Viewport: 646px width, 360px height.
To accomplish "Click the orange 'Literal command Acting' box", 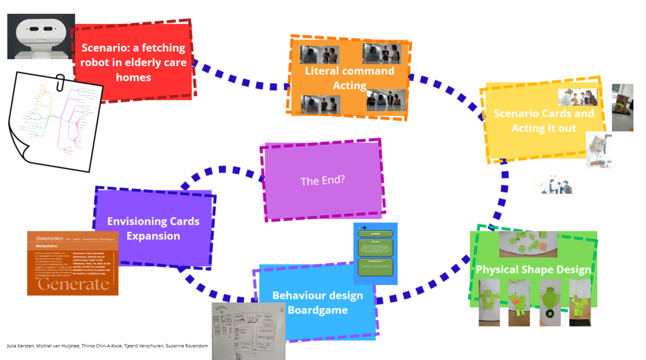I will pos(349,78).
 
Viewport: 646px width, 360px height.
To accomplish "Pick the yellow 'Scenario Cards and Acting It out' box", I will pos(543,120).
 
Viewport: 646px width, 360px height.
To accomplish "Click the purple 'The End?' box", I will pos(322,181).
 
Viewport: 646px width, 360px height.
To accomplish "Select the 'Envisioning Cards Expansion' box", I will pos(153,228).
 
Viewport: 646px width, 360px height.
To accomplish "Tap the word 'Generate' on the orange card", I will pos(73,284).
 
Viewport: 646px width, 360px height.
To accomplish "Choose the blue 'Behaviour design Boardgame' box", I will pos(317,303).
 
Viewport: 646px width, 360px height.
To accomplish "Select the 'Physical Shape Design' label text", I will pos(533,270).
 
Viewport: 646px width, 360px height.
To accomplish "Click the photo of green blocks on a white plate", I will pos(528,243).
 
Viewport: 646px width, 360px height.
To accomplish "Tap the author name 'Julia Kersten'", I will pos(20,346).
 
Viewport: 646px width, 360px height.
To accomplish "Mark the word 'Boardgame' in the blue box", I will pos(317,310).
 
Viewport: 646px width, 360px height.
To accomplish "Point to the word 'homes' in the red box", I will pos(133,78).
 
